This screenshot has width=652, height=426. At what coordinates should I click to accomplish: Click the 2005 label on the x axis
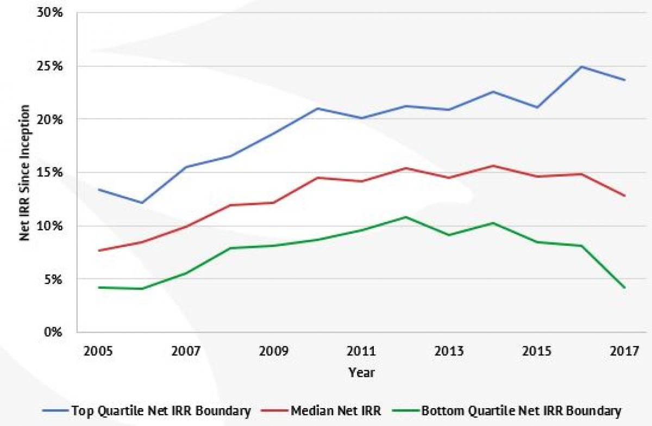pos(98,351)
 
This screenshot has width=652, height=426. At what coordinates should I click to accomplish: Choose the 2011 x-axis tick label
pos(361,351)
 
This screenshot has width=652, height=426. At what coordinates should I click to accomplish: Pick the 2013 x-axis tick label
pos(449,351)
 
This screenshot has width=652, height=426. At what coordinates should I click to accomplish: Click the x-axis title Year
pos(361,373)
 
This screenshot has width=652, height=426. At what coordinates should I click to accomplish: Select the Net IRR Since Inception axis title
pos(24,173)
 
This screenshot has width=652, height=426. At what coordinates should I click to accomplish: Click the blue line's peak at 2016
pos(581,67)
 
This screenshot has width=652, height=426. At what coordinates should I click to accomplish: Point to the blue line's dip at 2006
pos(142,203)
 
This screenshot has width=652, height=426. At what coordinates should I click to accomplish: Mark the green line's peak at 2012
pos(405,217)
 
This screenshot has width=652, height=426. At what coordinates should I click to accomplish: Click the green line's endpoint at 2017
pos(625,288)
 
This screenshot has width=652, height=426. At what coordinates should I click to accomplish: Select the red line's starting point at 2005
pos(98,250)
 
